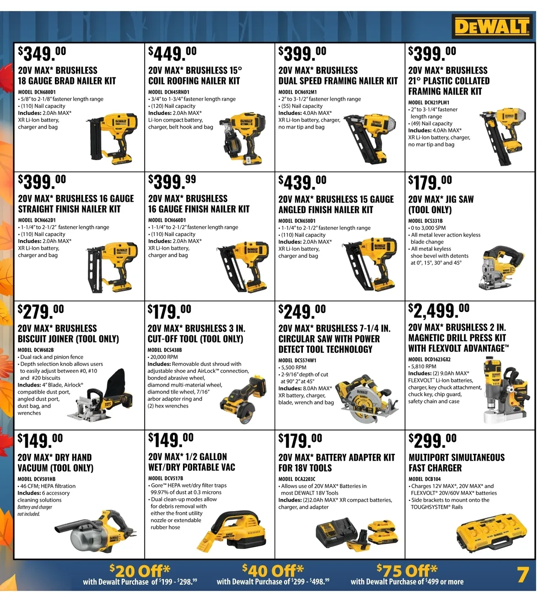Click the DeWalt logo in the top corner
coord(492,27)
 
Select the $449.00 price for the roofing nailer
coord(172,53)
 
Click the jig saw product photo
coord(501,268)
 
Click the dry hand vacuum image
coord(95,531)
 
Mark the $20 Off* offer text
coord(140,570)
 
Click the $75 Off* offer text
coord(407,570)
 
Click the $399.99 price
coord(172,182)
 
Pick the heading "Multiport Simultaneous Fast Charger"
coord(457,462)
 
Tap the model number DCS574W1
coord(297,360)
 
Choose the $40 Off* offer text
coord(273,570)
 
